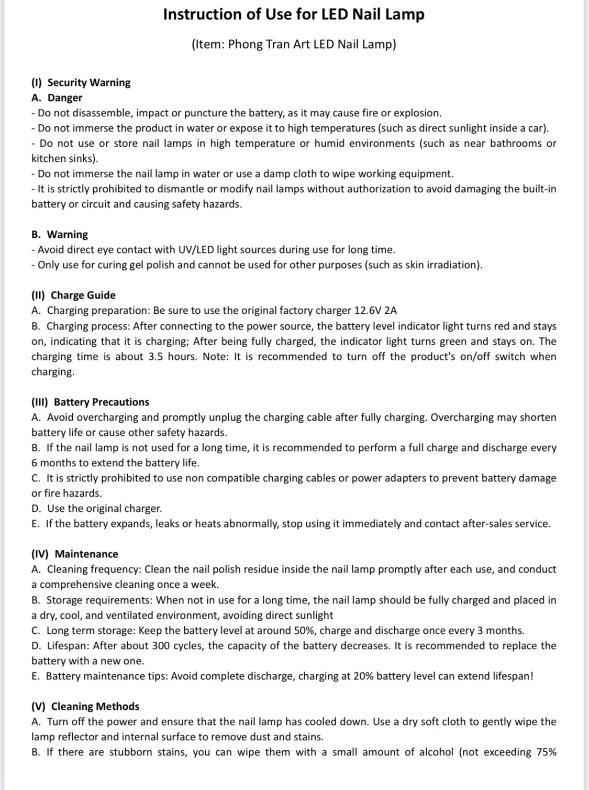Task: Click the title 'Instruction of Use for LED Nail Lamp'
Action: (294, 15)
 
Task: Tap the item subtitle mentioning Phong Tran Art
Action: (294, 45)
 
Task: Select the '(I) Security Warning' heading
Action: (81, 83)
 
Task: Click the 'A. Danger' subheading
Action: (57, 98)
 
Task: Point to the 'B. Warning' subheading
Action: (60, 235)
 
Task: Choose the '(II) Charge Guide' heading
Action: (74, 295)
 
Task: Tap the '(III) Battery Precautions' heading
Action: (91, 402)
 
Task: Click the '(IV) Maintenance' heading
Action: (75, 554)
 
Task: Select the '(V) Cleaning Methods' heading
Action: (85, 707)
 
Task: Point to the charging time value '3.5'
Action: (155, 357)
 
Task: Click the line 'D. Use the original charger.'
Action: (97, 509)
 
